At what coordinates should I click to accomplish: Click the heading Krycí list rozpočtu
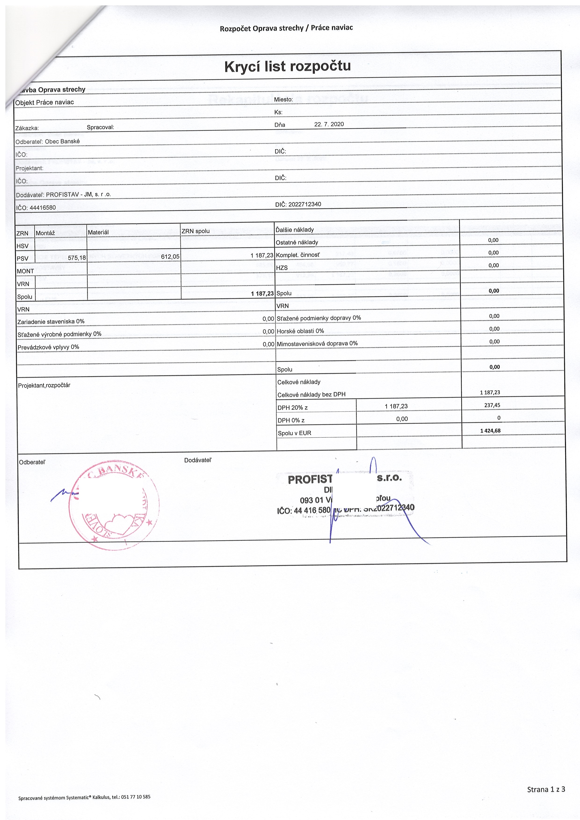[287, 66]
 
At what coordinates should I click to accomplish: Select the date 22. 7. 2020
[329, 124]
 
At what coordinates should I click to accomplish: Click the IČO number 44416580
[43, 208]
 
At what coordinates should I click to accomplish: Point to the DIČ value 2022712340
[304, 204]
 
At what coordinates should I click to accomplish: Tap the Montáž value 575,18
[77, 258]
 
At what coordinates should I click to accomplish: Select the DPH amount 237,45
[492, 405]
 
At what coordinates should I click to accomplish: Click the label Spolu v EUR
[294, 433]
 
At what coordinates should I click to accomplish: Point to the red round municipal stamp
[114, 506]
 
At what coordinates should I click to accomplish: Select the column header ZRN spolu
[196, 231]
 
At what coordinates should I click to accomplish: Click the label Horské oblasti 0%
[300, 331]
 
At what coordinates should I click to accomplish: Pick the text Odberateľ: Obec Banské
[47, 141]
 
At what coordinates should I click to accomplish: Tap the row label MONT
[25, 271]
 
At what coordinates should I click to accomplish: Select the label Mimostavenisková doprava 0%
[317, 344]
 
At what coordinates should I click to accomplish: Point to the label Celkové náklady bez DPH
[311, 395]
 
